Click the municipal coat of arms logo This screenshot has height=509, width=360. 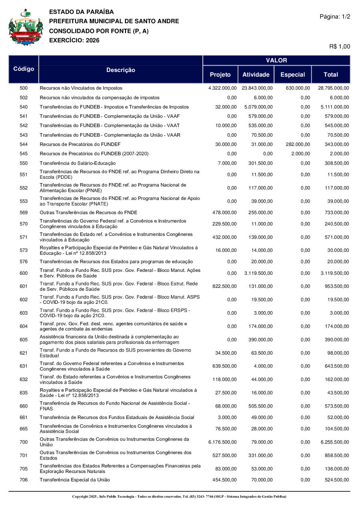pos(25,27)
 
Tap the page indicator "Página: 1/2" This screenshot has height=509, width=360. pos(335,16)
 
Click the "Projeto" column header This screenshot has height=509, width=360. pos(220,74)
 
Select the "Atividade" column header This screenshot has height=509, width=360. pos(256,74)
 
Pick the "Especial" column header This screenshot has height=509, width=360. pos(293,74)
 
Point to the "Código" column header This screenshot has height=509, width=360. pos(24,69)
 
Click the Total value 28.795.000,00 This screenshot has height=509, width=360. pos(333,88)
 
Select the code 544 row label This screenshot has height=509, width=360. pos(24,144)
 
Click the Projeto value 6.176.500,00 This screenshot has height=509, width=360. pos(222,442)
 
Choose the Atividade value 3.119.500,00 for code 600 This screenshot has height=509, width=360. pos(258,273)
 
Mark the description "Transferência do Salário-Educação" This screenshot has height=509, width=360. pos(77,163)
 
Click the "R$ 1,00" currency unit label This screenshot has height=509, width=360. pos(340,47)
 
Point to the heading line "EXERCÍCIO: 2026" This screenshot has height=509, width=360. pos(74,40)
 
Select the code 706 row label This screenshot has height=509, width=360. pos(24,480)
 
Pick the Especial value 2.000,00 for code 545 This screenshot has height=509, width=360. pos(300,154)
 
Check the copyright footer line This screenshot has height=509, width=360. pos(179,497)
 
